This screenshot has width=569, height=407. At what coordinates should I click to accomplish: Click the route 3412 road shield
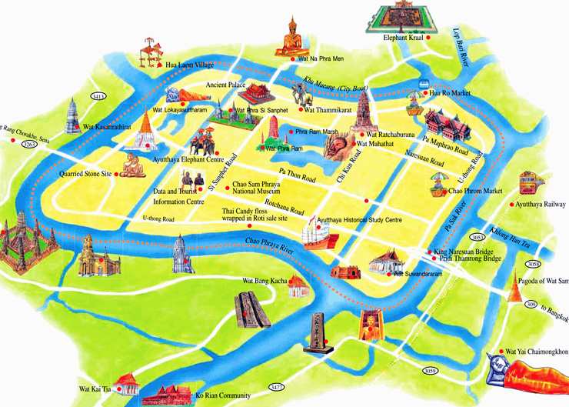click(x=98, y=97)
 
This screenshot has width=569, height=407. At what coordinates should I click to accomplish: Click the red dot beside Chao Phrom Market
click(x=444, y=191)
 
